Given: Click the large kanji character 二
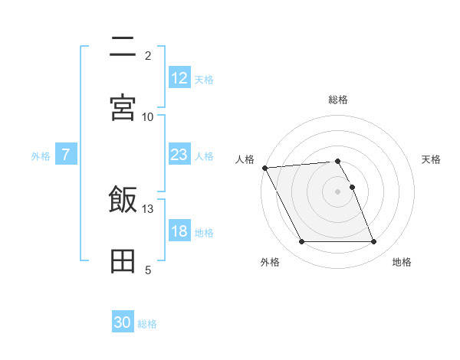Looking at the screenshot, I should [123, 47].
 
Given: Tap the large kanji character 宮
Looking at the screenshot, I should [123, 108].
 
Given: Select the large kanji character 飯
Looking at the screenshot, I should [123, 201].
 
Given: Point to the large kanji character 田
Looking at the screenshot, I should [123, 261].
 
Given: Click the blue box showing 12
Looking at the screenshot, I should [179, 78].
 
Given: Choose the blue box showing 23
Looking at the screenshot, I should [179, 155].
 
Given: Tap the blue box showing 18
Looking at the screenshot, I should [179, 231].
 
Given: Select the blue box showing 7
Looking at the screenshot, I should [66, 155].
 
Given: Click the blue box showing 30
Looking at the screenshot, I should [123, 322].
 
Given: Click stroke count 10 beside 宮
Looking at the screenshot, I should [148, 116].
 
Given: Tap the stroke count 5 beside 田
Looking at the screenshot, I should [148, 270].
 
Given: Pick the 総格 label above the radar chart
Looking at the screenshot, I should [338, 100].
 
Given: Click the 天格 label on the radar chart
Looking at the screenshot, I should [432, 159].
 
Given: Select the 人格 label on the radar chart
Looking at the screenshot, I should [245, 159].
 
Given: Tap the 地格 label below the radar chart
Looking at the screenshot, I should [402, 262].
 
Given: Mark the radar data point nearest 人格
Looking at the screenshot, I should [264, 168].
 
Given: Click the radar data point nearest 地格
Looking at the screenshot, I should [373, 242].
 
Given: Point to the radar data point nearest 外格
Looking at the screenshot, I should [302, 242].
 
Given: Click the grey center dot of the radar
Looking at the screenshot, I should [338, 191].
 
